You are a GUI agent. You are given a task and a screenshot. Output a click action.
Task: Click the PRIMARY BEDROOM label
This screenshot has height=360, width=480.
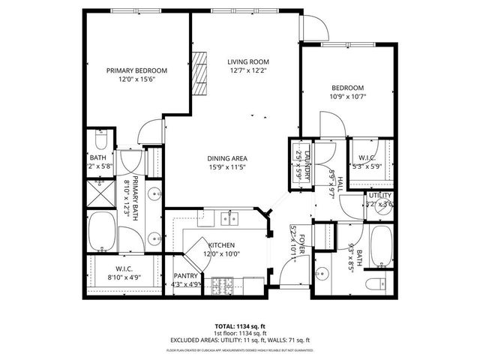coord(136,70)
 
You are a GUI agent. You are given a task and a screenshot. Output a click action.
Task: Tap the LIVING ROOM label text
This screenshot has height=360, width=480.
coord(247,61)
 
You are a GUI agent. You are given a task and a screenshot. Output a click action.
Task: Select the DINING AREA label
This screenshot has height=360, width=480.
coord(227,158)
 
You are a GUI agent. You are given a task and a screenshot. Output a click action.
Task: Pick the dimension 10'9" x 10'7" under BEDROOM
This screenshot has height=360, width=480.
coord(347,96)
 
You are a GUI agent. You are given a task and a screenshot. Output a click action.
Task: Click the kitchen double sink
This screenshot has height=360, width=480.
coord(228,219)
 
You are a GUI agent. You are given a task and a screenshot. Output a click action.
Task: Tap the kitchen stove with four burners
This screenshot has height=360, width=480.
coord(222,286)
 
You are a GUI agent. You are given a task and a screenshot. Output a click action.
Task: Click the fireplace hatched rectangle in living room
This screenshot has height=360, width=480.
coord(199,73)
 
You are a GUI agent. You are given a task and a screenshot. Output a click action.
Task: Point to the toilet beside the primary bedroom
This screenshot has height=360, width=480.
coord(102,139)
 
